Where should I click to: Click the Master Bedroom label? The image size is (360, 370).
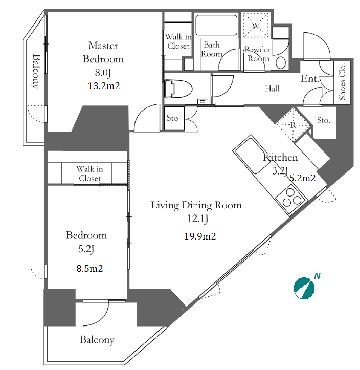coord(103,52)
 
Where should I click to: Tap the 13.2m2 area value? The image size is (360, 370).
coord(104,85)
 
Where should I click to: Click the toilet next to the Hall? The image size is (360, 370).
coord(178,89)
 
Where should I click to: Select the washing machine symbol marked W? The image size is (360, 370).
coord(256,25)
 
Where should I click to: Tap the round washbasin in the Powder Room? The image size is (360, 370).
coord(281,63)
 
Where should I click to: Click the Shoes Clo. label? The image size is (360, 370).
coord(342,82)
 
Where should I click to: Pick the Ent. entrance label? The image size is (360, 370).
coord(310,79)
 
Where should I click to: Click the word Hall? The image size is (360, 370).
coord(272,89)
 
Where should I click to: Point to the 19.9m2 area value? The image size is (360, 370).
coord(200,236)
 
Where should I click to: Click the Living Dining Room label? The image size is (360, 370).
coord(196,205)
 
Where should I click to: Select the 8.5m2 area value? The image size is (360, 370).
coord(89,269)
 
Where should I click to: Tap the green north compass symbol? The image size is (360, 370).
coord(304,288)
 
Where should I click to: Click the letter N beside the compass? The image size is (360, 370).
coord(318,276)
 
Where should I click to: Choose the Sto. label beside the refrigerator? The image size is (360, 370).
coord(324,120)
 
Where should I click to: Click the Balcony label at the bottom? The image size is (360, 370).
coord(97,340)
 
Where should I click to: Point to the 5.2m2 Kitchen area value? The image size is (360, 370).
coord(302,178)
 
